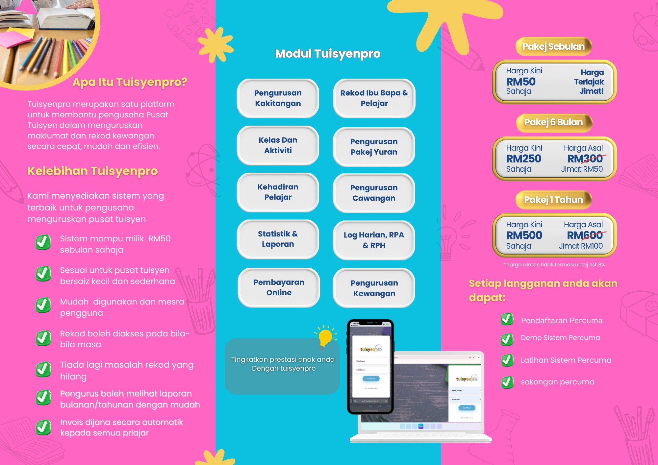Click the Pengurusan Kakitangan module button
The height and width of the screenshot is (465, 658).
278,98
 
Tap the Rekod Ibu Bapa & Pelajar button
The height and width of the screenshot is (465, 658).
374,98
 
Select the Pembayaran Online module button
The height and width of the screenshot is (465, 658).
279,287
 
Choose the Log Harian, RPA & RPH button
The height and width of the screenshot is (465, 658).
374,240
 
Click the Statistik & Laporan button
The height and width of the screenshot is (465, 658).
278,239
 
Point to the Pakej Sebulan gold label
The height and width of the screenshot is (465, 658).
553,46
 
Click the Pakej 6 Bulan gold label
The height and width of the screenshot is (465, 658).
553,122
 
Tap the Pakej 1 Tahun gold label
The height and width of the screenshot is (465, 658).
553,200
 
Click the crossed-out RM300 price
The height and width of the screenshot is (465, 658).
585,159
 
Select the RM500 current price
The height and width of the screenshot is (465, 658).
524,235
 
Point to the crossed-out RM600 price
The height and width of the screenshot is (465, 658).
585,235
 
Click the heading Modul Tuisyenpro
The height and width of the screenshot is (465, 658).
328,54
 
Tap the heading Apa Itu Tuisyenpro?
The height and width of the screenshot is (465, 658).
130,82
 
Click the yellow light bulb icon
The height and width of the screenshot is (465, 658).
325,337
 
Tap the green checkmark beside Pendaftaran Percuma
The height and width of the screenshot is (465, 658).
507,319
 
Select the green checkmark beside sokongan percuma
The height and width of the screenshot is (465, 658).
507,382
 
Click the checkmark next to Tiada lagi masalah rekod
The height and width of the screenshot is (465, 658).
43,370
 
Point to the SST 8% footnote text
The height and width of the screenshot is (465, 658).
554,265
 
